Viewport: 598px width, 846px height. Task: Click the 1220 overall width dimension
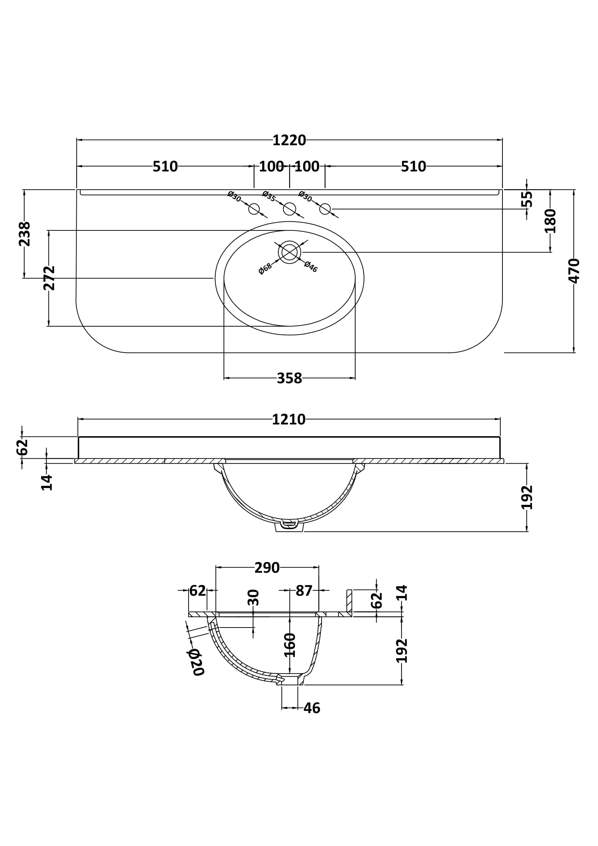tap(289, 140)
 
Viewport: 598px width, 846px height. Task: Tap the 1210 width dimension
tap(289, 420)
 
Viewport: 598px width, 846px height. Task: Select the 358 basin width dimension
tap(290, 378)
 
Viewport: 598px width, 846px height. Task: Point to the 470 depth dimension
tap(574, 271)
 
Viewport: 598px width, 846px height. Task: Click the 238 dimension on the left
tap(25, 234)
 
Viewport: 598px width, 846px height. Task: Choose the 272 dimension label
tap(49, 278)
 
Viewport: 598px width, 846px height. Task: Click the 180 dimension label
tap(551, 221)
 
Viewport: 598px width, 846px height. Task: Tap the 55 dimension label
tap(527, 199)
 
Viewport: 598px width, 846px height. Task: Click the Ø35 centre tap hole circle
tap(290, 209)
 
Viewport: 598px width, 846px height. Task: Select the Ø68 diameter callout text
tap(265, 269)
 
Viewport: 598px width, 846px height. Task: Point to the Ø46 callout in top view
tap(311, 267)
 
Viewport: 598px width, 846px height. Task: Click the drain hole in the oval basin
tap(290, 252)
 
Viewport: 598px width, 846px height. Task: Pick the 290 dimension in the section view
tap(267, 568)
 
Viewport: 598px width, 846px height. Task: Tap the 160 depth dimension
tap(290, 645)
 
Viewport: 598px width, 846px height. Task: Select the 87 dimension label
tap(304, 591)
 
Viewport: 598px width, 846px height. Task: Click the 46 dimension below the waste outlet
tap(312, 708)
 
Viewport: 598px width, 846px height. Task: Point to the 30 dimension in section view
tap(254, 598)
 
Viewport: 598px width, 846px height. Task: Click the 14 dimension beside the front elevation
tap(47, 483)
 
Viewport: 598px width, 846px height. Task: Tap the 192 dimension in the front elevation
tap(527, 497)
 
